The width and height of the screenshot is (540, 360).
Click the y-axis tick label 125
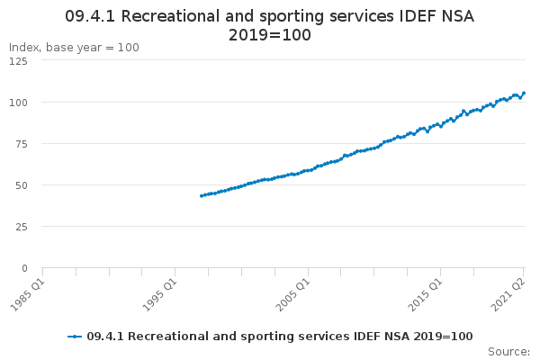pyautogui.click(x=18, y=61)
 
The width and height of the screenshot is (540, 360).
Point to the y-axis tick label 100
pyautogui.click(x=18, y=103)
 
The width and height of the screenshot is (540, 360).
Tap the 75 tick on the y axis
pyautogui.click(x=22, y=144)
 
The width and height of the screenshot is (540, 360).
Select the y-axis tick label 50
pyautogui.click(x=22, y=185)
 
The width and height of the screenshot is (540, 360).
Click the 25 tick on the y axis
pyautogui.click(x=22, y=227)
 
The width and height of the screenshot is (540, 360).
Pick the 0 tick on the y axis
pyautogui.click(x=24, y=268)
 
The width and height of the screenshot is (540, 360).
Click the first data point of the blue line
pyautogui.click(x=202, y=196)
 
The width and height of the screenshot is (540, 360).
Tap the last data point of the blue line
pyautogui.click(x=524, y=93)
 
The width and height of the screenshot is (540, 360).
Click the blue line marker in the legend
pyautogui.click(x=75, y=337)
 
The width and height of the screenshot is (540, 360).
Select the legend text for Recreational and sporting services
pyautogui.click(x=280, y=337)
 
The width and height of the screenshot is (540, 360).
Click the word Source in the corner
pyautogui.click(x=508, y=352)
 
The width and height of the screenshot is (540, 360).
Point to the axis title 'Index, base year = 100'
pyautogui.click(x=74, y=48)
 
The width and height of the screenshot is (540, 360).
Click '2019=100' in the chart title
pyautogui.click(x=270, y=35)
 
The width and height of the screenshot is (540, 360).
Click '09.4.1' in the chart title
pyautogui.click(x=90, y=16)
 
